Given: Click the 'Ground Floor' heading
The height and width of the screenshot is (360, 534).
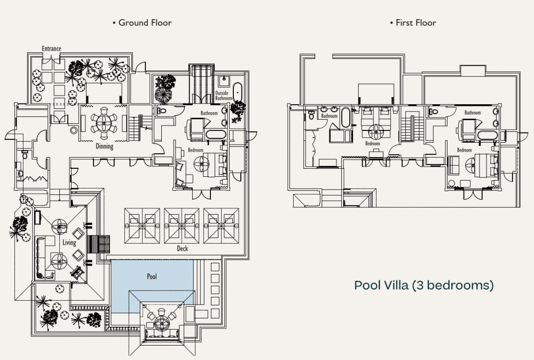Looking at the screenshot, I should point(142,23).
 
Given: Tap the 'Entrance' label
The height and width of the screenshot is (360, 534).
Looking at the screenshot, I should point(51,49).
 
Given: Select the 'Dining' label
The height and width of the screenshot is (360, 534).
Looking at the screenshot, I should point(104,146).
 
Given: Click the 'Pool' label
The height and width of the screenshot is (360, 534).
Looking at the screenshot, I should point(153,277).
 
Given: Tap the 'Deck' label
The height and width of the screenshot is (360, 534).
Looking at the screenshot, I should point(182,248).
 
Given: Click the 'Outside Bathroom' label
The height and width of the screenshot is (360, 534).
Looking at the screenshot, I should point(223,96).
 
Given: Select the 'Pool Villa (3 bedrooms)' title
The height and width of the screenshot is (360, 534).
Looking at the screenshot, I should point(423,285).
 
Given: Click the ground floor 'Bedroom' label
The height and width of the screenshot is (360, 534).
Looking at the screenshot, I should point(195,150).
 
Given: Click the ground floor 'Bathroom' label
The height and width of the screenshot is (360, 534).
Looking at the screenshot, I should point(209,113).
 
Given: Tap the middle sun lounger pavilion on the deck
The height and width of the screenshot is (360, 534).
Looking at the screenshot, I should point(182,224).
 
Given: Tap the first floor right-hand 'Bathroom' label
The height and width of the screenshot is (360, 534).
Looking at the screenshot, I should point(472,113).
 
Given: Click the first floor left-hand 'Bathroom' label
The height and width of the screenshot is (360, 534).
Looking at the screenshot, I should point(329,116).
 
